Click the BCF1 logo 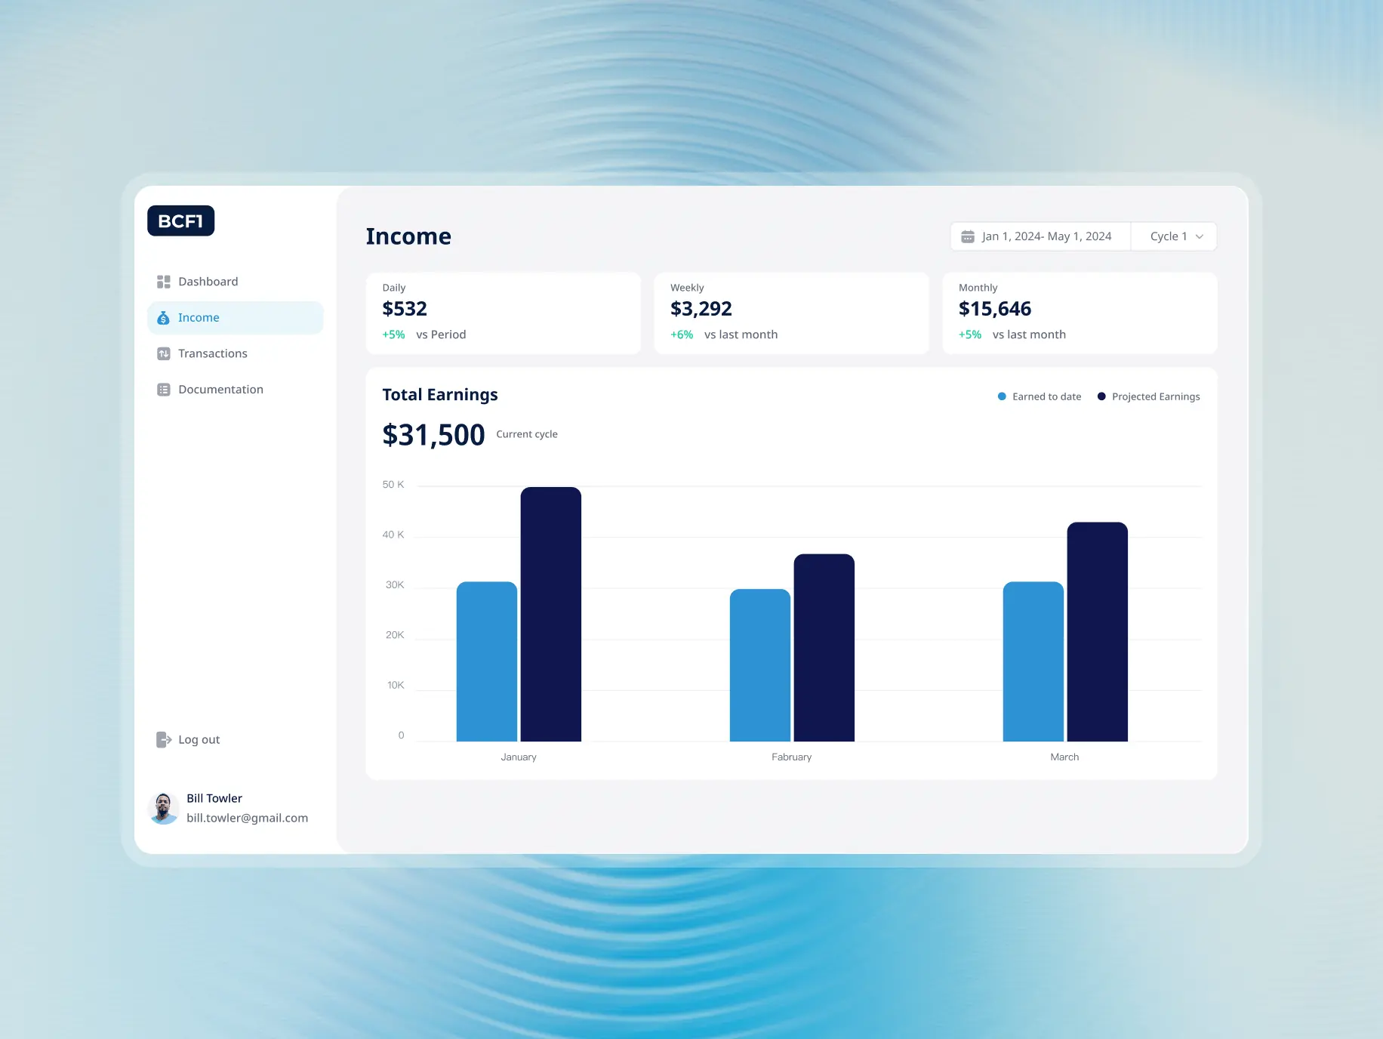click(x=180, y=220)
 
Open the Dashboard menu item click(x=208, y=282)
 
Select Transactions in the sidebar click(x=212, y=353)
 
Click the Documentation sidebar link click(x=220, y=390)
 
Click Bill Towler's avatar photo click(x=163, y=809)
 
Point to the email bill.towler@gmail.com click(x=247, y=818)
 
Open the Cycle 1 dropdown click(x=1175, y=236)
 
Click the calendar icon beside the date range click(x=967, y=237)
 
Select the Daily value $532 click(x=405, y=309)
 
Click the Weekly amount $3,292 click(x=701, y=309)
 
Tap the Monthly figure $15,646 click(x=994, y=309)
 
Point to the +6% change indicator click(x=682, y=335)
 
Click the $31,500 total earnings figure click(x=433, y=435)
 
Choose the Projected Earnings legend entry click(x=1148, y=396)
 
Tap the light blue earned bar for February click(x=759, y=664)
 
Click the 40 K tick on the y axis click(x=393, y=535)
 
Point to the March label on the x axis click(x=1064, y=757)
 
